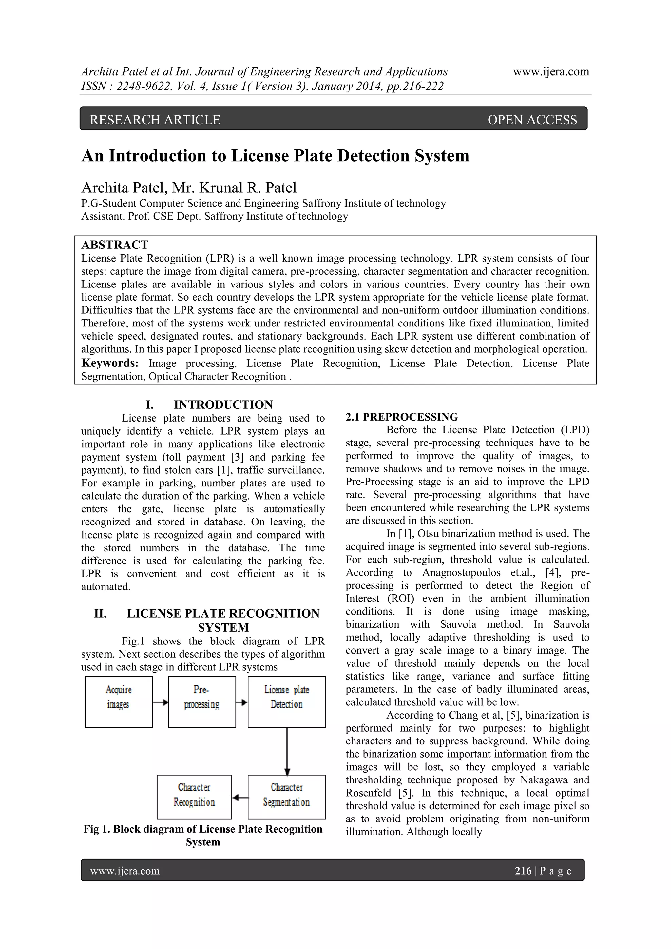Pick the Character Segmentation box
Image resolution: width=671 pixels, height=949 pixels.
[x=286, y=797]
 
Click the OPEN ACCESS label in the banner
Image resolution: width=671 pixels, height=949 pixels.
[x=532, y=120]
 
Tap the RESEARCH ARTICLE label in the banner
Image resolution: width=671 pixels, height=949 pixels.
[x=155, y=120]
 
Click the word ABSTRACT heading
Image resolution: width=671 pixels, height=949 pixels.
[x=115, y=245]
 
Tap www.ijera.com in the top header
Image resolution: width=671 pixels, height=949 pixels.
[x=551, y=71]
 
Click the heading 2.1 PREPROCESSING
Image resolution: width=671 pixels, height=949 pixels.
[x=402, y=417]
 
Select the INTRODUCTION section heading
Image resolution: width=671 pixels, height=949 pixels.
[x=223, y=404]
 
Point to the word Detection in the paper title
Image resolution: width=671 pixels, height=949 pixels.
[x=374, y=156]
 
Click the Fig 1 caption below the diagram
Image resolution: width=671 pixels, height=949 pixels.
[x=203, y=835]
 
